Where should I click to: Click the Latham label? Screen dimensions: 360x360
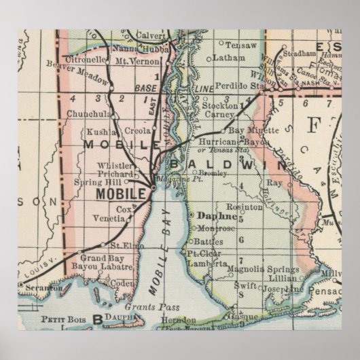224,58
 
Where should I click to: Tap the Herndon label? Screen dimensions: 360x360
179,319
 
